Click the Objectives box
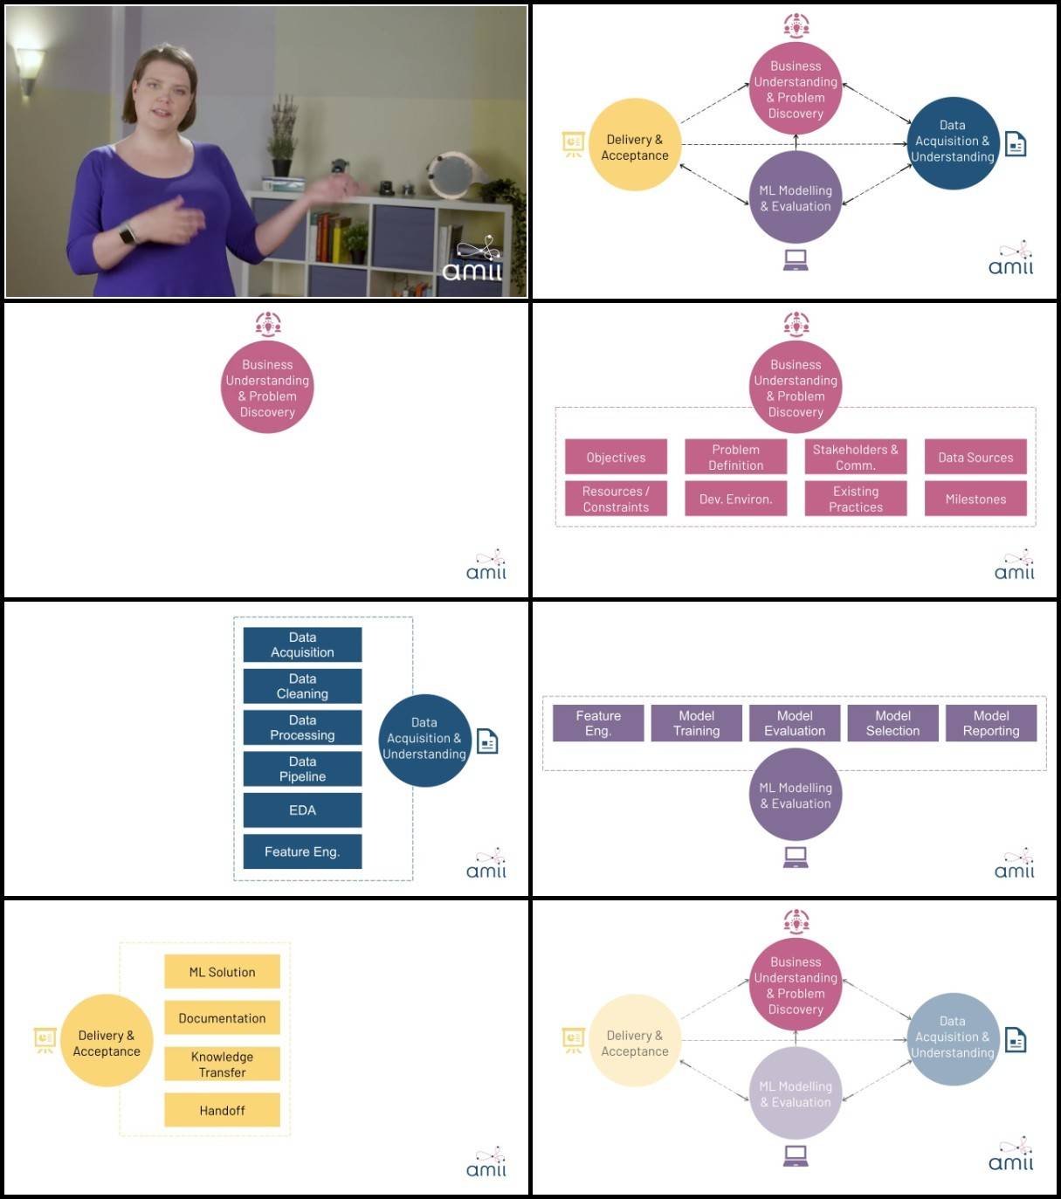tap(616, 457)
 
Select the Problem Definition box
tap(735, 457)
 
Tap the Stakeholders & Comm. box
tap(855, 457)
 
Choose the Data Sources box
tap(975, 457)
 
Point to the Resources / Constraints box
tap(616, 499)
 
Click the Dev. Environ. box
tap(735, 499)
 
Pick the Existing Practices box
tap(855, 499)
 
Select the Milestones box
tap(975, 499)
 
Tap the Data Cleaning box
tap(302, 686)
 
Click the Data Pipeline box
tap(302, 768)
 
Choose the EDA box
tap(302, 810)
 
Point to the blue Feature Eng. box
tap(302, 851)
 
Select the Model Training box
tap(696, 723)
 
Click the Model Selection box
tap(892, 723)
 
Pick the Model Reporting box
tap(991, 723)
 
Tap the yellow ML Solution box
tap(222, 972)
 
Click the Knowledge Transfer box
tap(222, 1064)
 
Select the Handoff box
tap(222, 1110)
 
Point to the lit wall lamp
tap(29, 65)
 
